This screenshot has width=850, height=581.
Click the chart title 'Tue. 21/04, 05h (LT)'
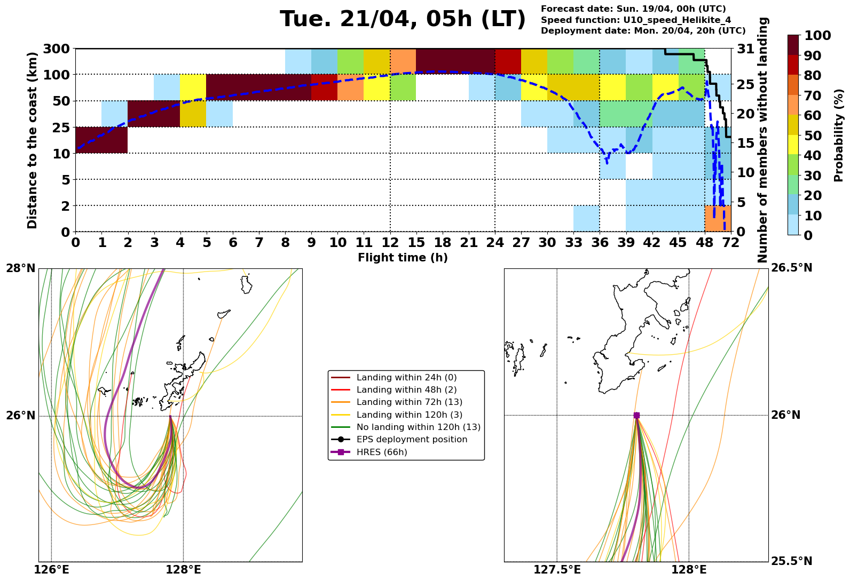point(403,20)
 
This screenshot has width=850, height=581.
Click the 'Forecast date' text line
point(633,9)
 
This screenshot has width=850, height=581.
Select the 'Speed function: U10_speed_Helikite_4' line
point(636,20)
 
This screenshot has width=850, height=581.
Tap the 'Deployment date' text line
point(643,31)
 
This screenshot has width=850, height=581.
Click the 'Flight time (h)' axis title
point(403,258)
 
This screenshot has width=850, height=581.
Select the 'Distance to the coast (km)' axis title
point(33,140)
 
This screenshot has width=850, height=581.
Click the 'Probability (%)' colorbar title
point(838,136)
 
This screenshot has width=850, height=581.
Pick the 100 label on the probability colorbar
point(817,36)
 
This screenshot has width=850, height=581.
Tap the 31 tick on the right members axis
point(745,49)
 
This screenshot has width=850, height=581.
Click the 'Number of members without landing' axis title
point(763,140)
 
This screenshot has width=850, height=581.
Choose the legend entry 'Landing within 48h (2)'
point(406,390)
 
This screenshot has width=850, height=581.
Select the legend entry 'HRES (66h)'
point(382,452)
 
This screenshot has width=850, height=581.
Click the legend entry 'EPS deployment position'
point(412,440)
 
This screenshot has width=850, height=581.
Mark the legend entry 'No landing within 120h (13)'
point(419,427)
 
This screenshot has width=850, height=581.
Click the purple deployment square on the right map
point(636,415)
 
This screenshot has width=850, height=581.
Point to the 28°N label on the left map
point(21,268)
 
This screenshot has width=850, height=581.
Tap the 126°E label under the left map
point(51,570)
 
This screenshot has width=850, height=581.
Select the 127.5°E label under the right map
point(557,570)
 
